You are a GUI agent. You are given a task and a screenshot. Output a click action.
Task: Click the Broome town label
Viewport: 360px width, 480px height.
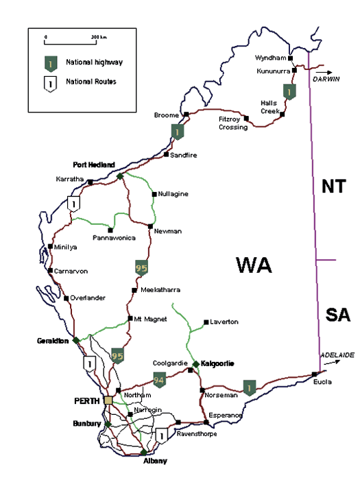[168, 115]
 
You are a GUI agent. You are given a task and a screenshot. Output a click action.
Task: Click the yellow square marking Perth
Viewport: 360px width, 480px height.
[109, 400]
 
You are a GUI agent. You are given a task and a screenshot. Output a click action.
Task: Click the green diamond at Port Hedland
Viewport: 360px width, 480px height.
[120, 176]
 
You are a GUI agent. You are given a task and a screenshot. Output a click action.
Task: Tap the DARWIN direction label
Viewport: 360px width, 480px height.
[327, 79]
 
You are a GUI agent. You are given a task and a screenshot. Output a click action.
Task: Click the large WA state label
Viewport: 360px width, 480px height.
[257, 265]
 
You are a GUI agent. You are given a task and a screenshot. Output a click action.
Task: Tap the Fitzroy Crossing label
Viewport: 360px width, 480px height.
[232, 123]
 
